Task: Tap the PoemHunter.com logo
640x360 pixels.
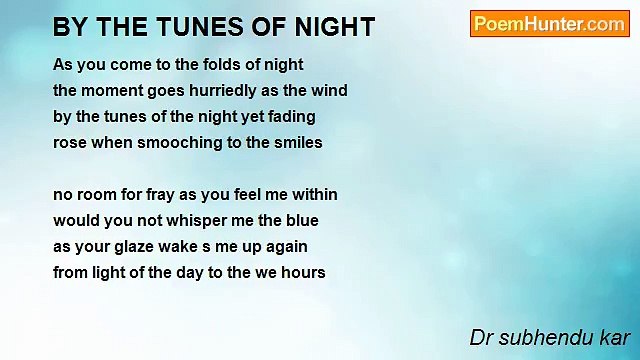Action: [549, 24]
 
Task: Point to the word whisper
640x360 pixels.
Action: [189, 220]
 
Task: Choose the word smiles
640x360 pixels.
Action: [297, 143]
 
